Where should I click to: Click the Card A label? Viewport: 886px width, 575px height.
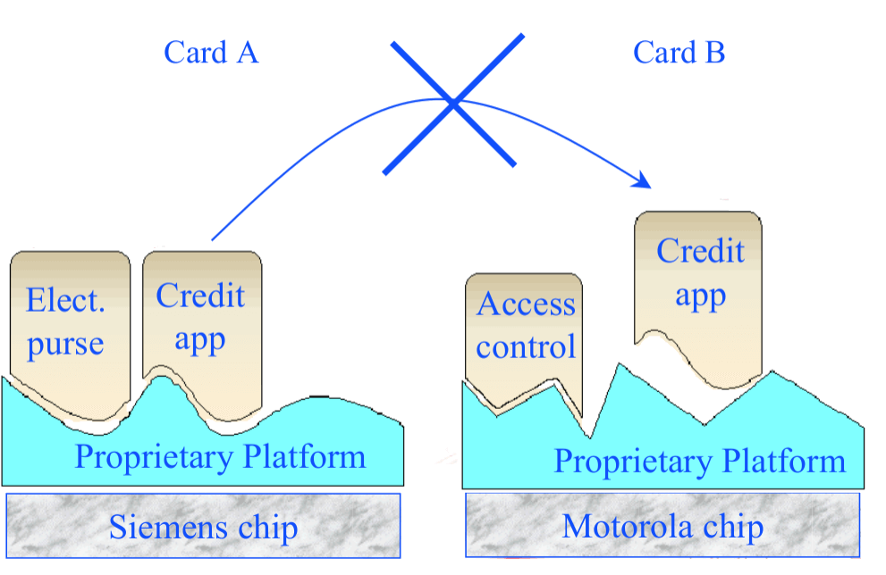coord(211,53)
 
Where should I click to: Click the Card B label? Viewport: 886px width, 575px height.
coord(679,53)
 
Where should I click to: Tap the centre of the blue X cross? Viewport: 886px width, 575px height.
coord(453,104)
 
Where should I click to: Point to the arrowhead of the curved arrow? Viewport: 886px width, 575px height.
coord(643,182)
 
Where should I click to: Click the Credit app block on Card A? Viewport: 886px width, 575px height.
coord(202,321)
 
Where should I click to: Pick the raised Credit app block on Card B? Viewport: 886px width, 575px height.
coord(699,277)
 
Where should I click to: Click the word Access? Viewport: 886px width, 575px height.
coord(526,305)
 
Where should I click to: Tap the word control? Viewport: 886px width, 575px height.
coord(526,347)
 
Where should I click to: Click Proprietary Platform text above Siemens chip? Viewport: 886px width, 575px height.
coord(220,457)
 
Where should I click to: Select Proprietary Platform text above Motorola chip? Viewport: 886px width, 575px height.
coord(699,462)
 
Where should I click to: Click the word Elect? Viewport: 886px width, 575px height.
coord(65,301)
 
